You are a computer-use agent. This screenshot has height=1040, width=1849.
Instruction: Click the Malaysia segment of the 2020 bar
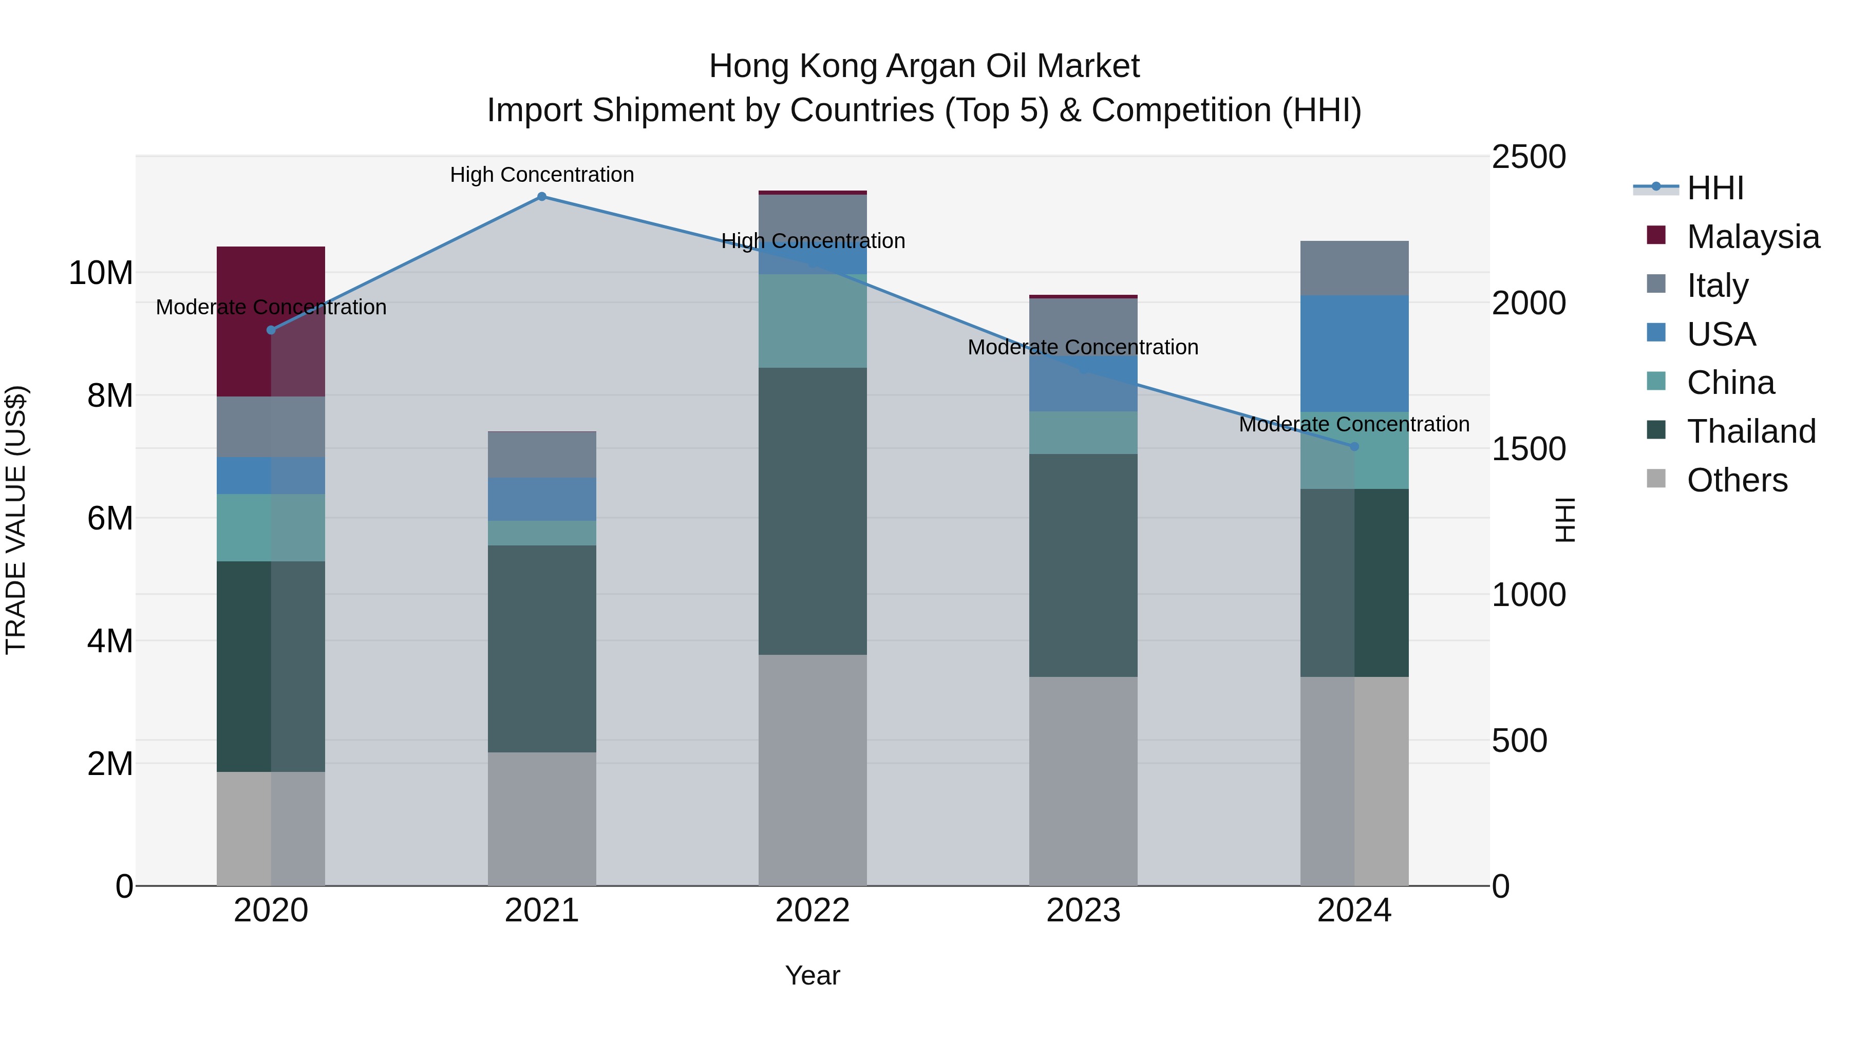pos(271,321)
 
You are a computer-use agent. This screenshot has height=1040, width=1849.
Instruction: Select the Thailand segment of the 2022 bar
pos(813,511)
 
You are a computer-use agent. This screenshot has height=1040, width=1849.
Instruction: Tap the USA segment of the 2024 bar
pos(1354,353)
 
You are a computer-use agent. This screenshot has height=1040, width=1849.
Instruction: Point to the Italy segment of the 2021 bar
pos(542,455)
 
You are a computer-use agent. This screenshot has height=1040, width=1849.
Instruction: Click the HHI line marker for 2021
pos(542,197)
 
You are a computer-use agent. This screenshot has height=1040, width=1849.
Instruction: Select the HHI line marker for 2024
pos(1354,446)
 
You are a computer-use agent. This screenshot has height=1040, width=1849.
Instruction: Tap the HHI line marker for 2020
pos(271,330)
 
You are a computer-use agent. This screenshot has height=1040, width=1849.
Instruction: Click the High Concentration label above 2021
pos(542,175)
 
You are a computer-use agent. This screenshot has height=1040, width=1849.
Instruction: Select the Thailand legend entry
pos(1751,431)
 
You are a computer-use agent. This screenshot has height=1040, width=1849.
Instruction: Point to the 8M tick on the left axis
pos(110,395)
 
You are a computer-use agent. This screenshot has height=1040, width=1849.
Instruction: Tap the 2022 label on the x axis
pos(813,911)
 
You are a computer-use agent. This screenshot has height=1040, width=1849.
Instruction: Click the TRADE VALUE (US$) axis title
pos(16,520)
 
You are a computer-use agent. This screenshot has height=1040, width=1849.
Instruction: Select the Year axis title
pos(813,975)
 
